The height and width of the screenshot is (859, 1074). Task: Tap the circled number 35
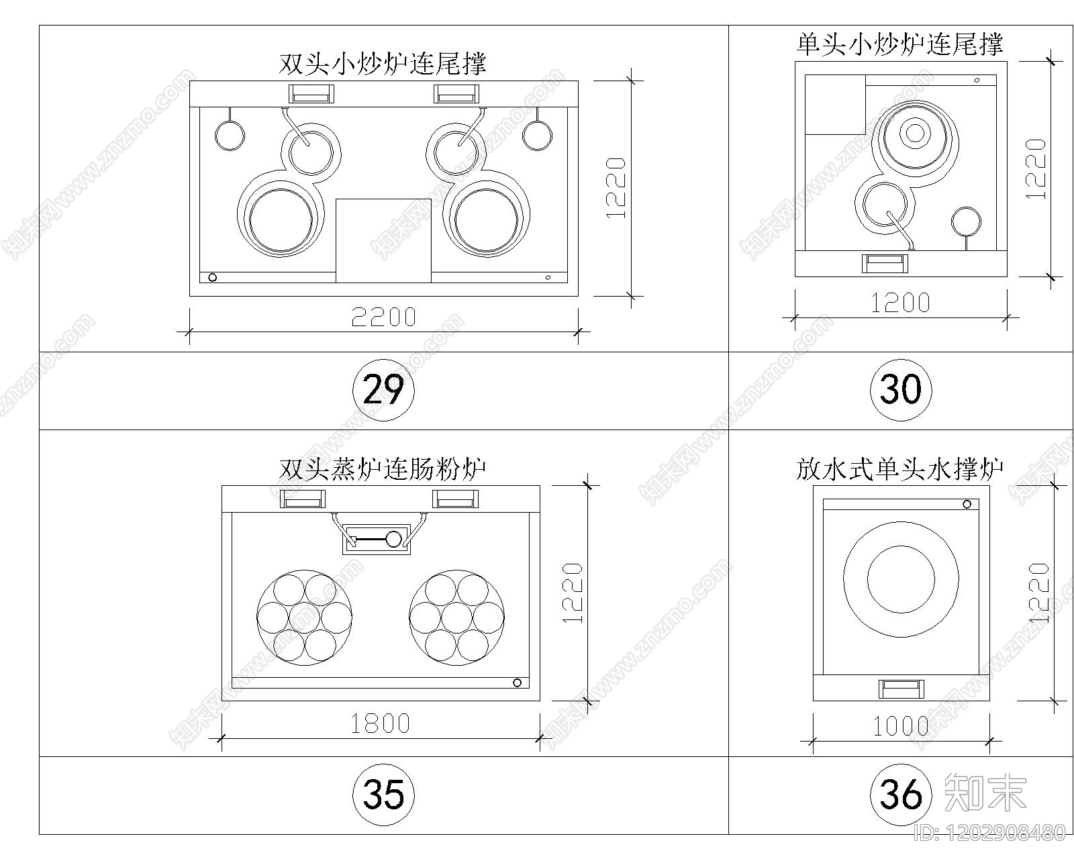(x=383, y=795)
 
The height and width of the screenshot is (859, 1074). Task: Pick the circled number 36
(x=900, y=795)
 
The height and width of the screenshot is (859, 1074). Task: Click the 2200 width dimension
(x=383, y=317)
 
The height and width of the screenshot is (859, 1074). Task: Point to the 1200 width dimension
(x=900, y=303)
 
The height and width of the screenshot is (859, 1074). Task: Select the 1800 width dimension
(x=380, y=723)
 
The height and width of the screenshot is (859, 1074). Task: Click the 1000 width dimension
(x=900, y=726)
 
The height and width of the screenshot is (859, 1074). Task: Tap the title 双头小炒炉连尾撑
(x=383, y=64)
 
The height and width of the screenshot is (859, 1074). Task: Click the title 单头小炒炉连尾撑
(x=899, y=44)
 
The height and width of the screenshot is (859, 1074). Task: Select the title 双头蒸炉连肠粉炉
(x=383, y=468)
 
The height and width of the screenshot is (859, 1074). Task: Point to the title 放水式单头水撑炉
(x=899, y=468)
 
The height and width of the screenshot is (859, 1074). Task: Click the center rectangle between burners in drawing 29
(x=383, y=240)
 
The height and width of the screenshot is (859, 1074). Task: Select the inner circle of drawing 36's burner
(x=901, y=580)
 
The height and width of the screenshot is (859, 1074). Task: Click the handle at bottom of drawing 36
(x=901, y=689)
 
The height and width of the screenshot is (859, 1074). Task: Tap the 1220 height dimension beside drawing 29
(x=616, y=188)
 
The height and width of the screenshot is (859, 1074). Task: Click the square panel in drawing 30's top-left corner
(x=834, y=105)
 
